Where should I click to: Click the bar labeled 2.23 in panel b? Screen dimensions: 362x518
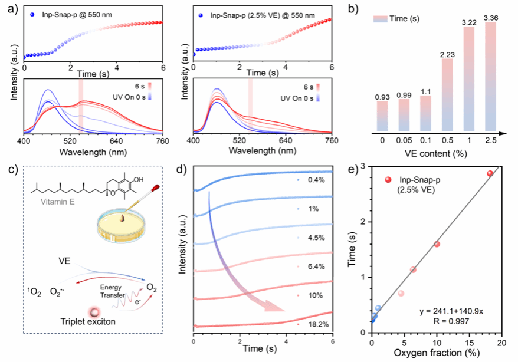pos(447,94)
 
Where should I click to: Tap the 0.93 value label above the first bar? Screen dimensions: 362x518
pos(382,96)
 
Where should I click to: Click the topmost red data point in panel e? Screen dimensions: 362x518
pos(490,173)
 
